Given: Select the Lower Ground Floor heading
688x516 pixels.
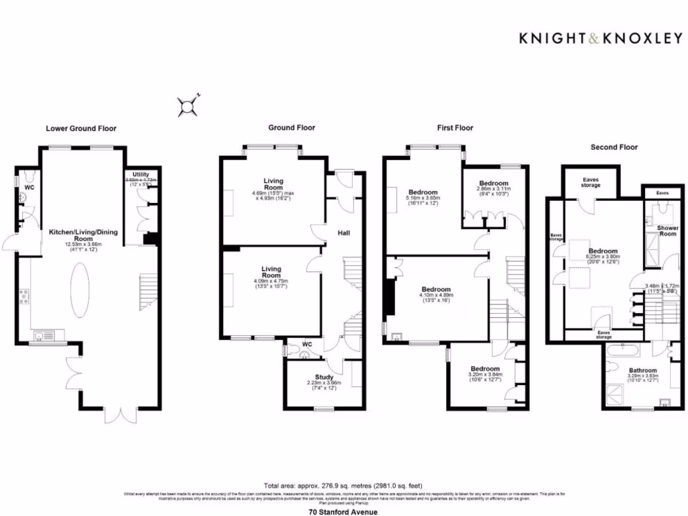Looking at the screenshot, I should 81,128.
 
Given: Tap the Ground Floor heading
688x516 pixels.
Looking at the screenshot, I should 292,128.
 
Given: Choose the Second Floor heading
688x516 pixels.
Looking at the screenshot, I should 614,146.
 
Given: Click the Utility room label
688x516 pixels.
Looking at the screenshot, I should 141,175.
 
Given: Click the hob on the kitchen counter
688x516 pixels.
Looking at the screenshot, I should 24,296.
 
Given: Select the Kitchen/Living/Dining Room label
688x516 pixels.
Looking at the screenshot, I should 83,235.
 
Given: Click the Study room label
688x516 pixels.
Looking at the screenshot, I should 325,377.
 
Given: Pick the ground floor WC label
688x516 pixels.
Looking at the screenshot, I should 307,345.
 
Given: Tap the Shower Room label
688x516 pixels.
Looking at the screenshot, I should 667,230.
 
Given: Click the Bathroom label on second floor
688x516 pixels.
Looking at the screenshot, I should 642,370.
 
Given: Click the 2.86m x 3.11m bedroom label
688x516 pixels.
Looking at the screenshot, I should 494,183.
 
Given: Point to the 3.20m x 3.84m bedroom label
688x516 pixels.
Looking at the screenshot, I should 484,369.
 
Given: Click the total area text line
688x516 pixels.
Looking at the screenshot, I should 343,485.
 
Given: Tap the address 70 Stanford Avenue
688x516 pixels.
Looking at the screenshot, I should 343,511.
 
